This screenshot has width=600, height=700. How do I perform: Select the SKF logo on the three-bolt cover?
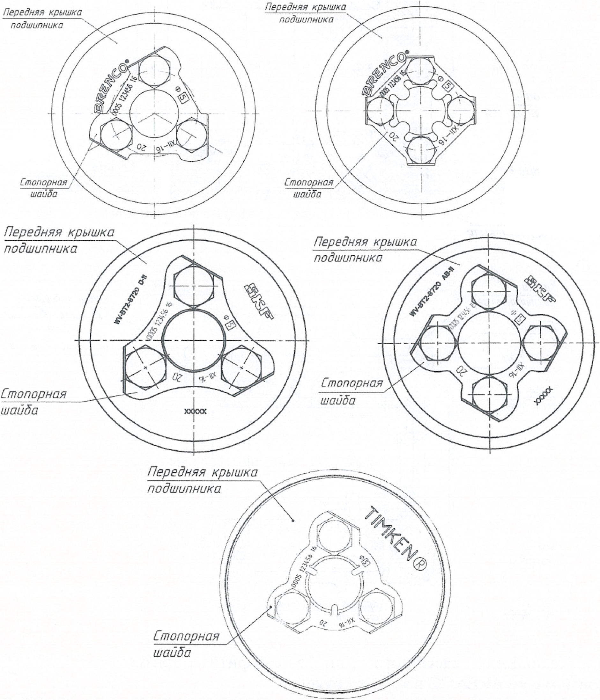pyautogui.click(x=258, y=302)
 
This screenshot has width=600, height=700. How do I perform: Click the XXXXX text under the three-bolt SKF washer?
pyautogui.click(x=195, y=412)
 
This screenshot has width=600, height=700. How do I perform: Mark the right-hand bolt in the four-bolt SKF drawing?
pyautogui.click(x=540, y=343)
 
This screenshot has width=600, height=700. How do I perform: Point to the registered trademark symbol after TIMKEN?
pyautogui.click(x=420, y=565)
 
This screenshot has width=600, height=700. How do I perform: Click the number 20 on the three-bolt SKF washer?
pyautogui.click(x=177, y=376)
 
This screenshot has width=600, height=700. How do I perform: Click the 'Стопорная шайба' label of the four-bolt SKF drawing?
pyautogui.click(x=352, y=391)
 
